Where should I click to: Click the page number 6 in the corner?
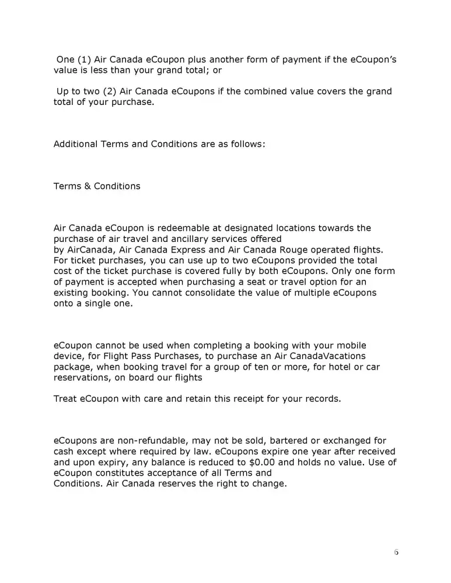click(396, 552)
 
